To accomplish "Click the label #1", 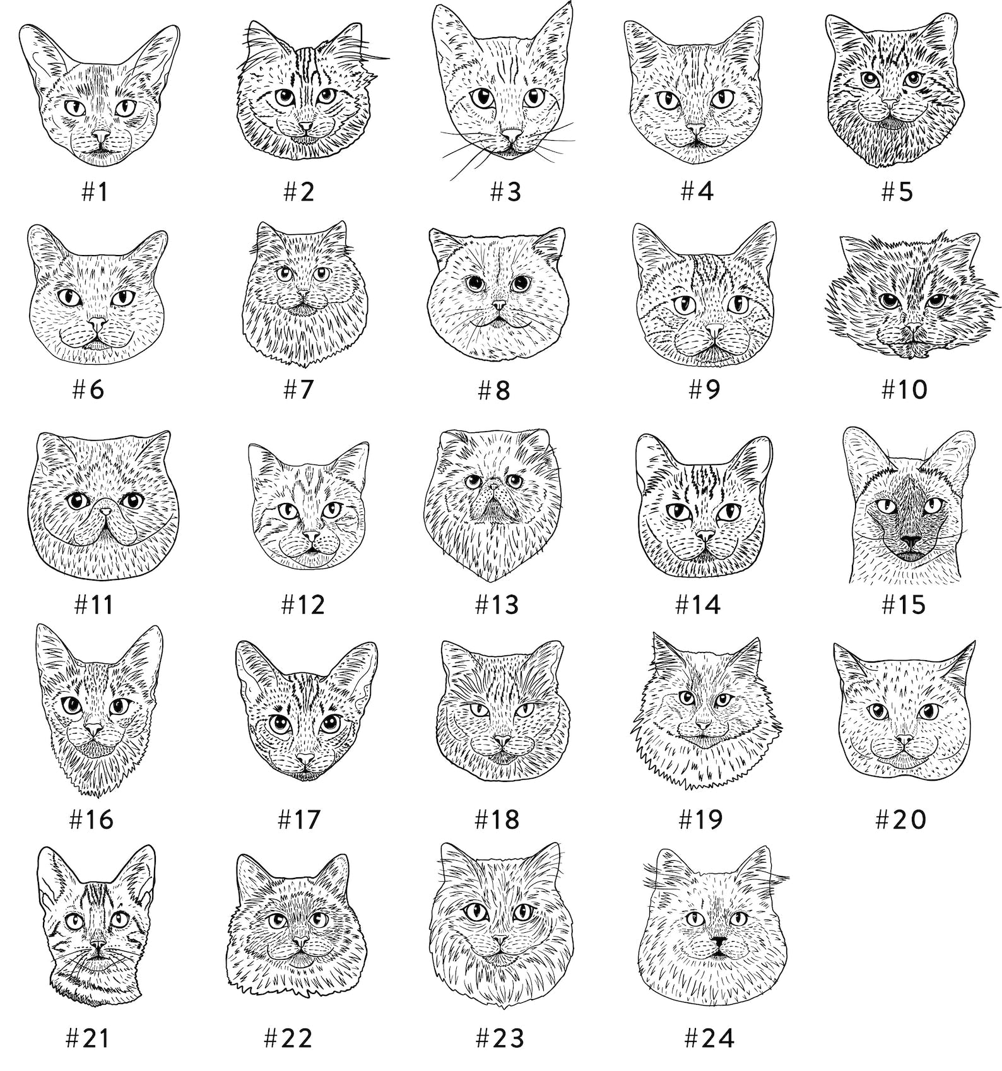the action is [95, 192].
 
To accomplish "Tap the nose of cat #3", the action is [510, 134].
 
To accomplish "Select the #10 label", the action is [904, 389].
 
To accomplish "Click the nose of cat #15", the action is [910, 542].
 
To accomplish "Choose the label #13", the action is [497, 605].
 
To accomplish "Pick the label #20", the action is [900, 819].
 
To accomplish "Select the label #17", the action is [300, 819].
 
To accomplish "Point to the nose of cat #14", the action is [705, 536].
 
